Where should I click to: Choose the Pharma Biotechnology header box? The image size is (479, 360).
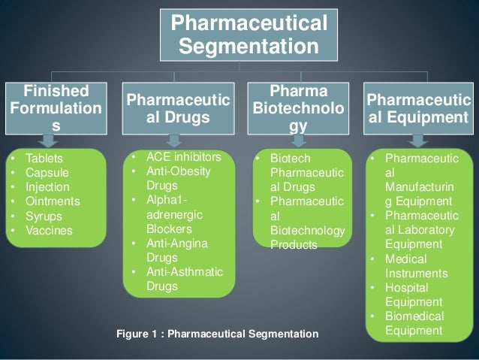(x=299, y=110)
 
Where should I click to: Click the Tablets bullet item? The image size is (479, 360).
(x=44, y=159)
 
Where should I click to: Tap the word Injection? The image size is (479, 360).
(x=47, y=187)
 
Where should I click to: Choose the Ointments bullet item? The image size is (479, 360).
(x=51, y=201)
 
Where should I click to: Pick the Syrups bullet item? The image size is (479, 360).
(x=44, y=216)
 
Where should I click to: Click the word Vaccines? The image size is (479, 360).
(x=49, y=230)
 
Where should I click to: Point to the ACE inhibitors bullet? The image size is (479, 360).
(x=184, y=158)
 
